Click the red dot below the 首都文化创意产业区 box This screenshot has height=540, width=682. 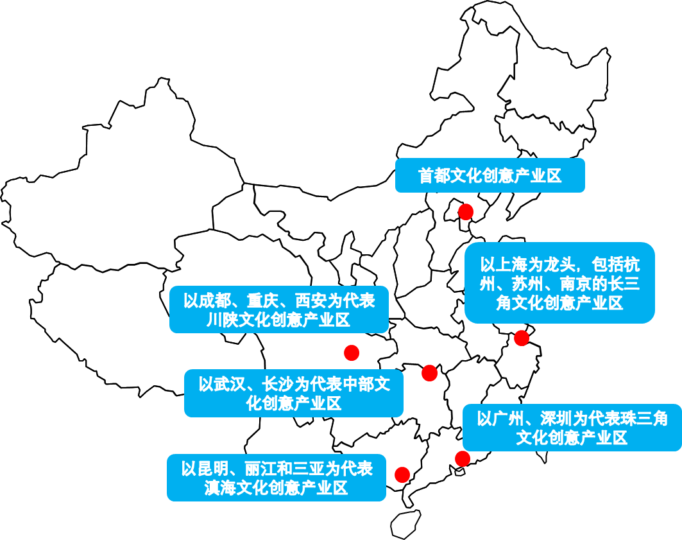pyautogui.click(x=466, y=212)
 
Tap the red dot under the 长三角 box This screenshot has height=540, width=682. pyautogui.click(x=522, y=338)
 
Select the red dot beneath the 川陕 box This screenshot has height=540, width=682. pyautogui.click(x=352, y=353)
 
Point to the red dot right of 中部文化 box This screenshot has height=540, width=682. pyautogui.click(x=430, y=373)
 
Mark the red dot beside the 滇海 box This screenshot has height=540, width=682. pyautogui.click(x=402, y=475)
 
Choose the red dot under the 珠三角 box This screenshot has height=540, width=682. pyautogui.click(x=463, y=458)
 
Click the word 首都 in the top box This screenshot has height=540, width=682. pyautogui.click(x=434, y=176)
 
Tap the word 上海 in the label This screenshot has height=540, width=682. pyautogui.click(x=512, y=265)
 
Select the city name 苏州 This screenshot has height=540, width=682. pyautogui.click(x=527, y=284)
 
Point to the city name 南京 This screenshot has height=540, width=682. pyautogui.click(x=575, y=284)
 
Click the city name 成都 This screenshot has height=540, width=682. pyautogui.click(x=215, y=301)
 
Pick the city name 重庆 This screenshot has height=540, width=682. pyautogui.click(x=263, y=301)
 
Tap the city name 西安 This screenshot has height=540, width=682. pyautogui.click(x=311, y=301)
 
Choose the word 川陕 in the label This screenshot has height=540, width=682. pyautogui.click(x=222, y=320)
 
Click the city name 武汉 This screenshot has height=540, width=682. pyautogui.click(x=230, y=385)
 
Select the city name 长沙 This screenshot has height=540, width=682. pyautogui.click(x=278, y=385)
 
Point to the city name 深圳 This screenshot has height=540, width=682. pyautogui.click(x=556, y=419)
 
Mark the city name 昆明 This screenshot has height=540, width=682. pyautogui.click(x=212, y=469)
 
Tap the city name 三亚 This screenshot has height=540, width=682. pyautogui.click(x=309, y=469)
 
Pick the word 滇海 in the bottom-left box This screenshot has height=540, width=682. pyautogui.click(x=220, y=488)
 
